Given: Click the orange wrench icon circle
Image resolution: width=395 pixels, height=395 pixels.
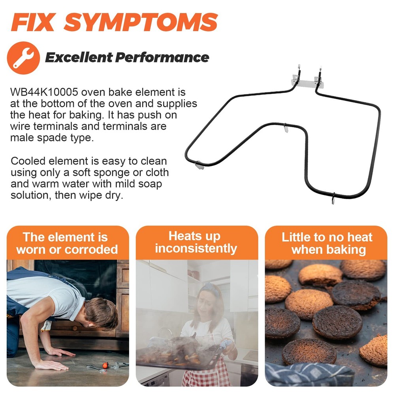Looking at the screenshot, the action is tap(23, 58).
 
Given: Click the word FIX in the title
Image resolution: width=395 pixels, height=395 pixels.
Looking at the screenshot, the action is tap(33, 22).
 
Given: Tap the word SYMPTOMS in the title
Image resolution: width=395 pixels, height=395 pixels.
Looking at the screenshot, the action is tap(141, 22).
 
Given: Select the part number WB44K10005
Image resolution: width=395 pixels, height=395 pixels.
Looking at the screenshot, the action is tap(44, 92).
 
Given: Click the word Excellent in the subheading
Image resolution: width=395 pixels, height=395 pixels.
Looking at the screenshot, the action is tap(79, 57).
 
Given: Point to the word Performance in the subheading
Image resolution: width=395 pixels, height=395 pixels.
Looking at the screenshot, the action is tap(162, 57).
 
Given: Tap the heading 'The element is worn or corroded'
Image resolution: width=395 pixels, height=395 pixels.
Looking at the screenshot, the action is tap(67, 243).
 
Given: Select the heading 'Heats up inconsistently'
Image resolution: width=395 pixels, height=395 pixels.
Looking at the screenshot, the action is tap(196, 242).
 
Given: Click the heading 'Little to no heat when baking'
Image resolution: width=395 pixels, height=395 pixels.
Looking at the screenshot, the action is tap(327, 243).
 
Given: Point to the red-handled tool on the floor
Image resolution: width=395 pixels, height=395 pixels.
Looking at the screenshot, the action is tap(105, 365).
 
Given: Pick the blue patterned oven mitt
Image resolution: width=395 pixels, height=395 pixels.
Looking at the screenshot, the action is tap(309, 375).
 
